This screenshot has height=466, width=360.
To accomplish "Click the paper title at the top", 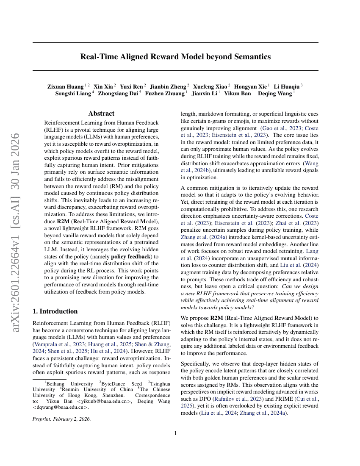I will pyautogui.click(x=175, y=56).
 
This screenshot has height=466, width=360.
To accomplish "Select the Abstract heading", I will pyautogui.click(x=101, y=114).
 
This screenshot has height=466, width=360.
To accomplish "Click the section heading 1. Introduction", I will pyautogui.click(x=55, y=311).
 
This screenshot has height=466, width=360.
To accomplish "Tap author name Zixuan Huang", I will pyautogui.click(x=65, y=86).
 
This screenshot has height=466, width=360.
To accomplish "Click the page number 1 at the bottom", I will pyautogui.click(x=175, y=433).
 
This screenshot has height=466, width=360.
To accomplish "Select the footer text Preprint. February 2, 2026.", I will pyautogui.click(x=61, y=419).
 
